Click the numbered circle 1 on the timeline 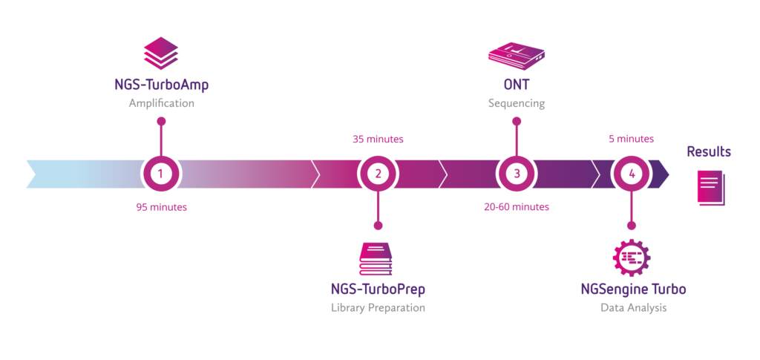point(161,174)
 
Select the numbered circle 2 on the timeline point(378,174)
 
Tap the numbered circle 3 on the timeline point(517,174)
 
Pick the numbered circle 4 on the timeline point(631,174)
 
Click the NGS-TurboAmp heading point(162,85)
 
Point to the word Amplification point(161,104)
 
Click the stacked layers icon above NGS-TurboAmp point(161,53)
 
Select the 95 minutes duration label point(161,207)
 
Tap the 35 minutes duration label point(378,140)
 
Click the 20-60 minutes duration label point(517,207)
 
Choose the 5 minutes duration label point(631,140)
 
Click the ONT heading point(517,85)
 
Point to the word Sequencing point(517,104)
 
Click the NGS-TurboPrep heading point(378,289)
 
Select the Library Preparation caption point(378,308)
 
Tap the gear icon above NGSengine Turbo point(632,258)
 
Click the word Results point(709,151)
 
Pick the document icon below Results point(711,188)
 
